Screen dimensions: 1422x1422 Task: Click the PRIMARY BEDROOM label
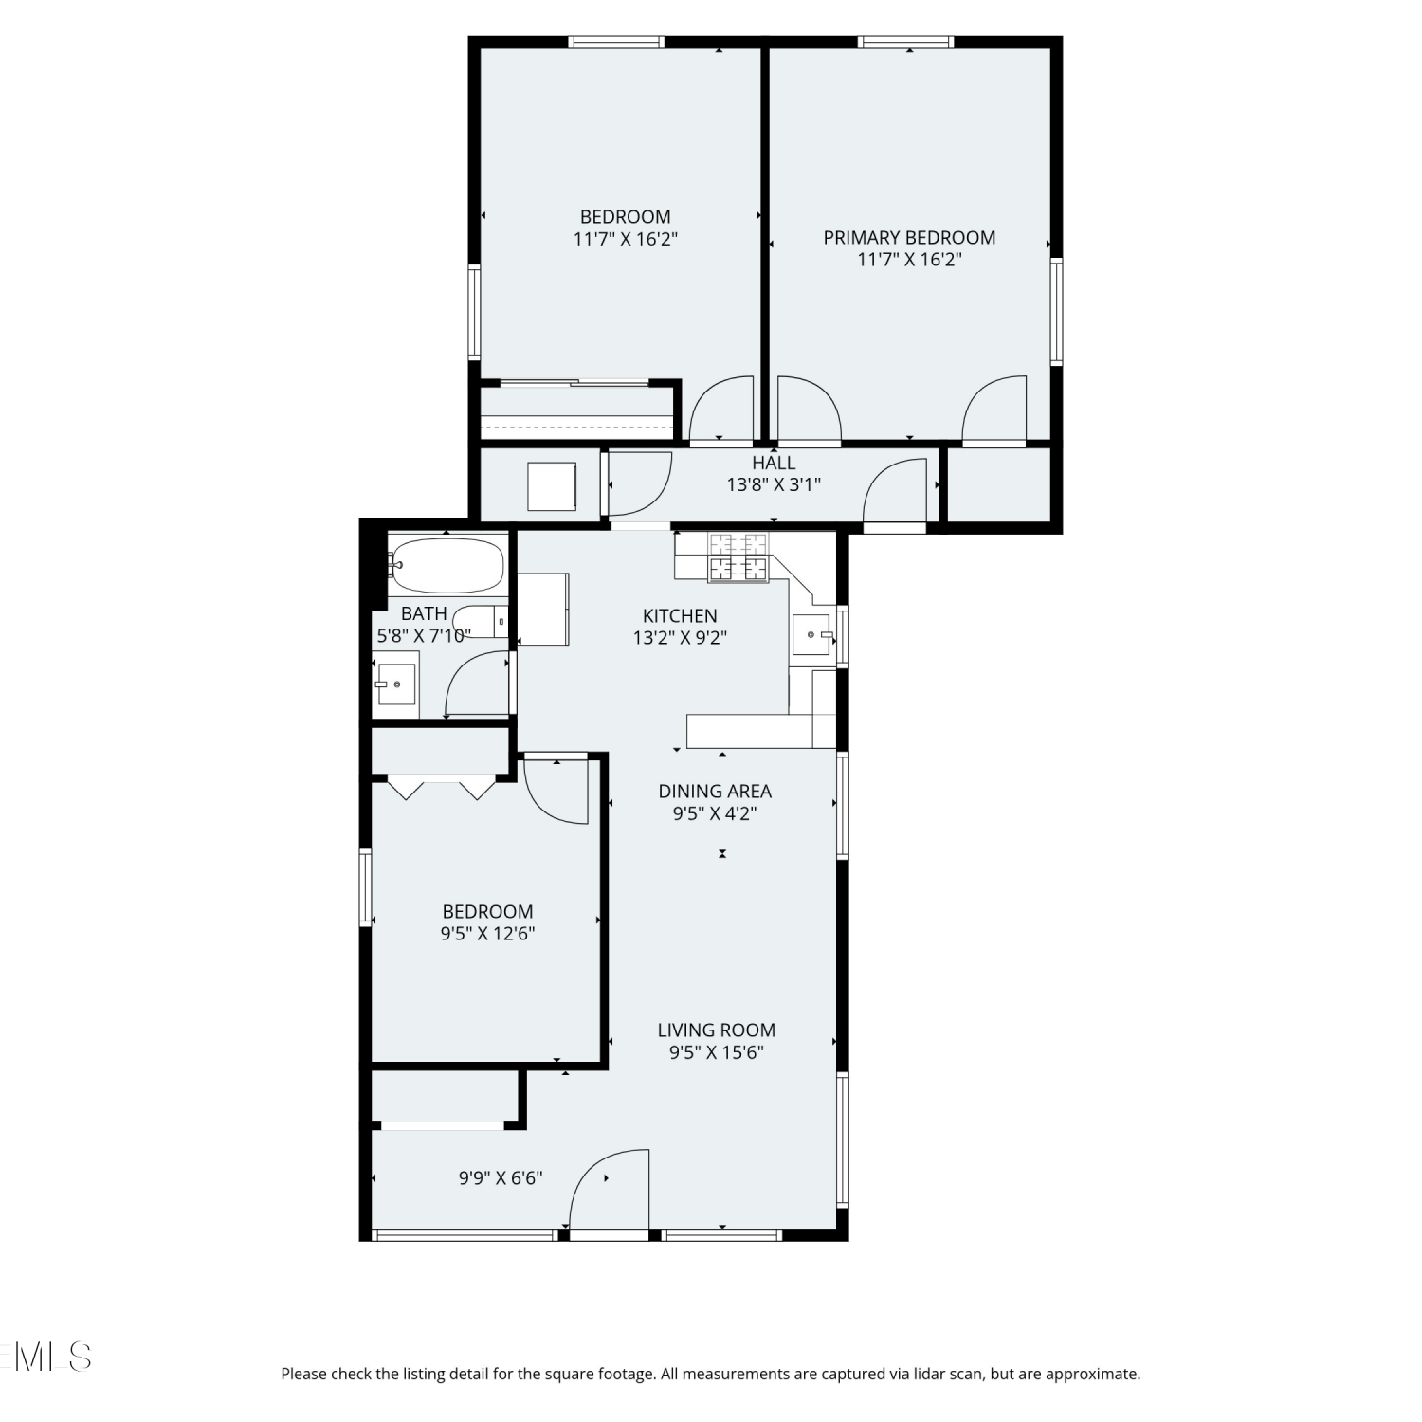tap(909, 237)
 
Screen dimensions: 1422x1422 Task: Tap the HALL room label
tap(774, 463)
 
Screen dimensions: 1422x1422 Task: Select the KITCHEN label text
tap(680, 615)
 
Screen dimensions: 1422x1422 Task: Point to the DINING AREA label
tap(715, 791)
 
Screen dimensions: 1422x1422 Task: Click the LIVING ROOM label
tap(717, 1030)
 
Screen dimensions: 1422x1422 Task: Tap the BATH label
tap(424, 613)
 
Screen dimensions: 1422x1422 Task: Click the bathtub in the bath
tap(447, 566)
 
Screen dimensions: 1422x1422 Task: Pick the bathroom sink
tap(395, 684)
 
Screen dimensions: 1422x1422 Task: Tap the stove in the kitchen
tap(738, 557)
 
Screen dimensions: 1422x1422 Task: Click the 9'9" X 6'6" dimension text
tap(501, 1177)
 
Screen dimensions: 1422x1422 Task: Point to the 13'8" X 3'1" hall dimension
tap(774, 484)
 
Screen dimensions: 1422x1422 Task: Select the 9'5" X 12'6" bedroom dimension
tap(487, 933)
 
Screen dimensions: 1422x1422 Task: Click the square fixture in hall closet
tap(552, 486)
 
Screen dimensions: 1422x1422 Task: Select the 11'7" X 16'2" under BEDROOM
tap(626, 239)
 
